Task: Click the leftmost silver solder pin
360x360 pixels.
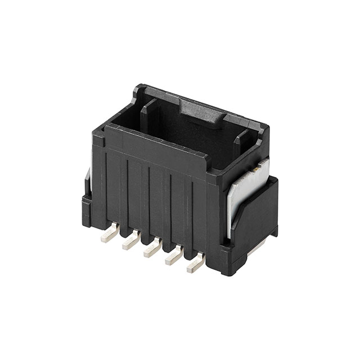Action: point(107,236)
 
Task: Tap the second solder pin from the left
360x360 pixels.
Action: point(129,242)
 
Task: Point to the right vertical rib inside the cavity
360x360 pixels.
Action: point(241,145)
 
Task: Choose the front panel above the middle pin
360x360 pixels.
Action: point(159,197)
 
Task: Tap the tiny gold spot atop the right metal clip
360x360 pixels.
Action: point(255,168)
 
